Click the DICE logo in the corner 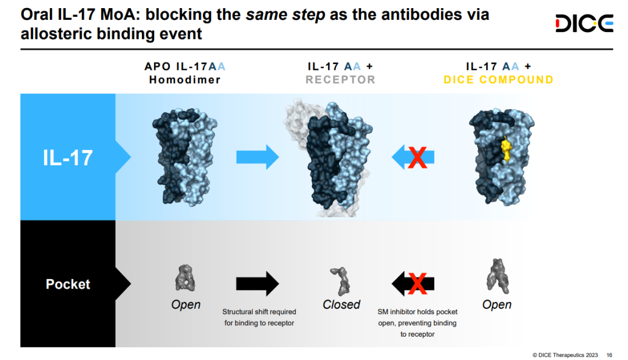tap(584, 23)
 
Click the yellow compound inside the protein tap(506, 149)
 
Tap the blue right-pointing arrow tap(257, 158)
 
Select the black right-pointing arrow tap(257, 283)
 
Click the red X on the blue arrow tap(416, 158)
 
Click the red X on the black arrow tap(417, 283)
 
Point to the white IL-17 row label tap(67, 158)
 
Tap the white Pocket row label tap(68, 284)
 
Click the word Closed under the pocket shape tap(341, 304)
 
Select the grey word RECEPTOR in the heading tap(341, 80)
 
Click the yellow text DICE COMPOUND tap(498, 80)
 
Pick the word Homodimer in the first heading tap(184, 80)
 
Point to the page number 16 tap(609, 355)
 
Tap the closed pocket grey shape tap(341, 280)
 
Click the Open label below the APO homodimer tap(185, 304)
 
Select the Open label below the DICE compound tap(497, 304)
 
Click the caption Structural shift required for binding tap(259, 318)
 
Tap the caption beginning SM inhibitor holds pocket tap(417, 323)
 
